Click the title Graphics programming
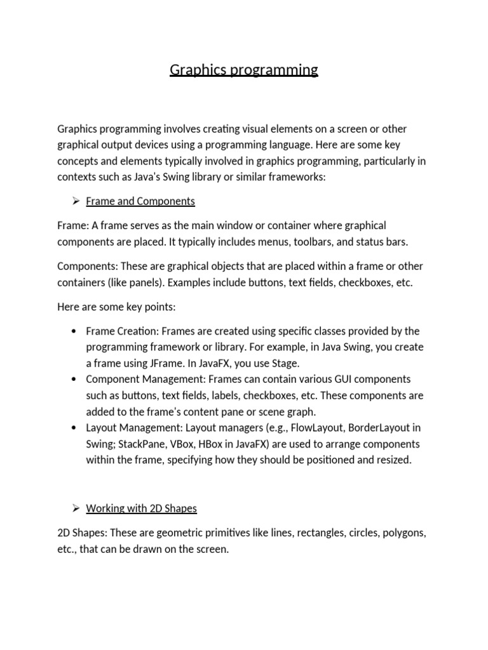[244, 69]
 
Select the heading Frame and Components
[140, 201]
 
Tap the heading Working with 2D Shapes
[141, 508]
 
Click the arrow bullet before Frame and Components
[74, 201]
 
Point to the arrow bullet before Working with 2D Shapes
[74, 508]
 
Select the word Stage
[285, 363]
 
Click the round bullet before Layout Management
[74, 428]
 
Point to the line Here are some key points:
[116, 307]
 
